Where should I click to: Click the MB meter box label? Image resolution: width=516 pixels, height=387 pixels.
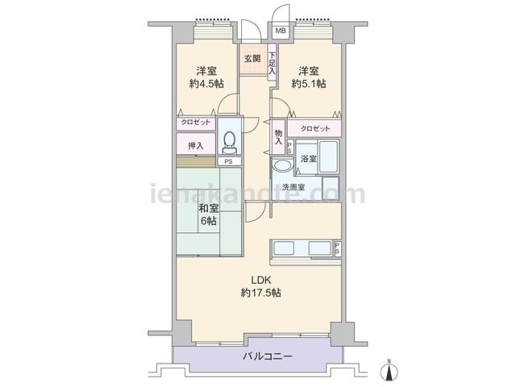pos(281,31)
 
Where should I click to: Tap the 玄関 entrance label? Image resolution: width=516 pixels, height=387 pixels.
pos(252,59)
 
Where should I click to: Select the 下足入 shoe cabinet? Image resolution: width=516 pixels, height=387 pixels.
pos(272,62)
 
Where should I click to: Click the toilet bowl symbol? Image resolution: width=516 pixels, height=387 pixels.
pos(229,144)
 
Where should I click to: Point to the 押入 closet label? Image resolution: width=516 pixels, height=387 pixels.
pos(196,146)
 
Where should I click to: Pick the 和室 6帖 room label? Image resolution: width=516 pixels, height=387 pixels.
pos(208,214)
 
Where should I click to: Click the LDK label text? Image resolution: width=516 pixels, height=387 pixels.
pos(261,281)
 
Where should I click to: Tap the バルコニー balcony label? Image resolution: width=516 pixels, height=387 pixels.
pos(268,356)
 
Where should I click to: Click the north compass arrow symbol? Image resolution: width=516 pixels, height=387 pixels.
pos(389,371)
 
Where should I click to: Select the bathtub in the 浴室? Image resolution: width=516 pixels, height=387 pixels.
pos(329,156)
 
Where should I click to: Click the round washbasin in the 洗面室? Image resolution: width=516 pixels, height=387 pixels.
pos(283,164)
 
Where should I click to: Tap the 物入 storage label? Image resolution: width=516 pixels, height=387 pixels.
pos(278,137)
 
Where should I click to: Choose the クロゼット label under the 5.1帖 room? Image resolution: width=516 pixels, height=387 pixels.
pos(315,129)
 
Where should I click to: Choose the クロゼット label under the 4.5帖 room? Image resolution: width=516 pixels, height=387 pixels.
pos(196,122)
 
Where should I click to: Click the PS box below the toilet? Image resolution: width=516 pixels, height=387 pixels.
pos(228,161)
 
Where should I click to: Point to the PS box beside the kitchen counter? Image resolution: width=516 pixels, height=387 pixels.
pos(338,248)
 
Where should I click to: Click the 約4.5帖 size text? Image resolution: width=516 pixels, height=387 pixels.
pos(206,84)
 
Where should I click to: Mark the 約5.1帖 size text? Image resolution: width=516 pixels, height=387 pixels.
pos(308,84)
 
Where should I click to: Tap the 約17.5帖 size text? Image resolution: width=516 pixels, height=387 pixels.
pos(261,293)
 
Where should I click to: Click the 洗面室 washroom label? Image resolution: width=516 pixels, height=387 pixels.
pos(293,187)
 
